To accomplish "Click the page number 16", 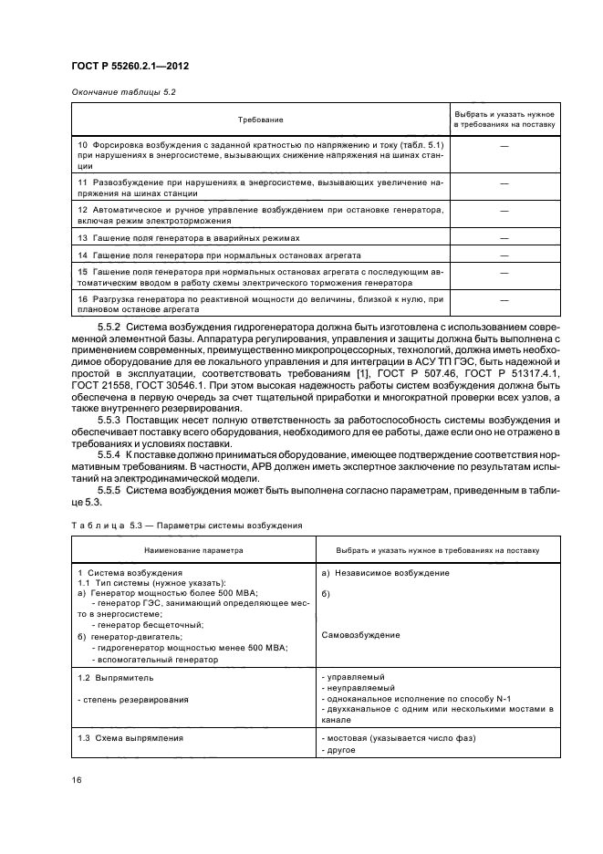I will pos(77,780).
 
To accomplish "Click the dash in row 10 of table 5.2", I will pos(504,146).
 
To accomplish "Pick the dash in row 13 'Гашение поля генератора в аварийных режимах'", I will pos(504,237).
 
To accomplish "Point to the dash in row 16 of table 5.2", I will pos(504,297).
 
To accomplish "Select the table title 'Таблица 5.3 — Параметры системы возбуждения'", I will pos(181,526).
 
